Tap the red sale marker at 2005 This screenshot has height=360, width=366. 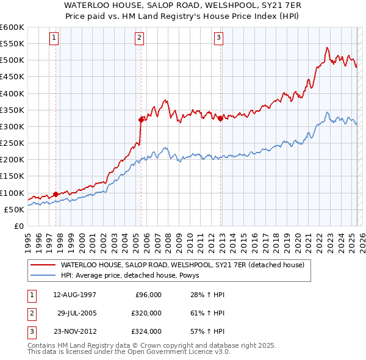coord(141,120)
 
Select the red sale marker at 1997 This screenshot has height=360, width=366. coord(56,194)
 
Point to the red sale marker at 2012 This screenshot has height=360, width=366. coord(220,118)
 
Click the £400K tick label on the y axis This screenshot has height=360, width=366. coord(12,93)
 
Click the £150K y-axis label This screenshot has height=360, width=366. coord(12,176)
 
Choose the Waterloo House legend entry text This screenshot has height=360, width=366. coord(178,265)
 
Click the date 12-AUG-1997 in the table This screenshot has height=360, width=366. coord(74,295)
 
